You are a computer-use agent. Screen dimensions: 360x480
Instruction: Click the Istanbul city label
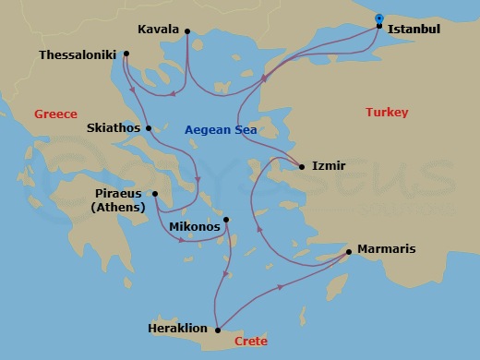coord(414,30)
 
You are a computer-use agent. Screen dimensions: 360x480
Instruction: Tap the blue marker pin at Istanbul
coord(379,18)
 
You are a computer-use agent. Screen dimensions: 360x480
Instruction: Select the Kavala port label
coord(158,30)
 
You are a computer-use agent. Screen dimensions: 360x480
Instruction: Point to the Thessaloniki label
coord(78,54)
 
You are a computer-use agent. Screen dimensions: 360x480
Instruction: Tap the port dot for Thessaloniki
coord(126,53)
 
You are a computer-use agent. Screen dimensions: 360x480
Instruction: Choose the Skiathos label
coord(114,127)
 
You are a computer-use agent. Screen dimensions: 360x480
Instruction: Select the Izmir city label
coord(329,166)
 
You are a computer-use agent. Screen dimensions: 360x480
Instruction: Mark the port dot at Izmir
coord(302,167)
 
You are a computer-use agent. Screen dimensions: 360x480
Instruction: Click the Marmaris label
coord(386,249)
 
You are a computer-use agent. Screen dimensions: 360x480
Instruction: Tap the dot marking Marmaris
coord(348,251)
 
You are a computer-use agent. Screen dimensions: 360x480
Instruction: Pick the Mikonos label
coord(195,226)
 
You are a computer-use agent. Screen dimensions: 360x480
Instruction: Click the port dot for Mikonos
coord(226,220)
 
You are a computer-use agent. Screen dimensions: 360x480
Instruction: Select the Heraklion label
coord(177,328)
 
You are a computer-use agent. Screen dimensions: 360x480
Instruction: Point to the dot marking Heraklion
coord(216,329)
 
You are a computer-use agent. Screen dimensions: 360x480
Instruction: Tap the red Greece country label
coord(55,114)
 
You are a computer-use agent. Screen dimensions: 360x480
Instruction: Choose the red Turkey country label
coord(386,112)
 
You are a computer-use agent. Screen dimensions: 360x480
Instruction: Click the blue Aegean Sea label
coord(221,130)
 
